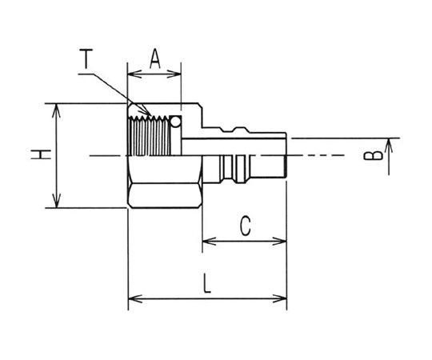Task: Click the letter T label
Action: point(86,58)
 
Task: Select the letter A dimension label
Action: point(155,58)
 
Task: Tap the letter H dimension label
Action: point(41,154)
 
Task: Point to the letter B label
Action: point(374,156)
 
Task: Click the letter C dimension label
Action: point(245,226)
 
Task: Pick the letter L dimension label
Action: point(206,283)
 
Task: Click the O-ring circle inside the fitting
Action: point(175,121)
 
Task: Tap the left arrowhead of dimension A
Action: point(134,74)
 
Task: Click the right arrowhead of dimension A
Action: point(174,74)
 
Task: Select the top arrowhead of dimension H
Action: point(56,110)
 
